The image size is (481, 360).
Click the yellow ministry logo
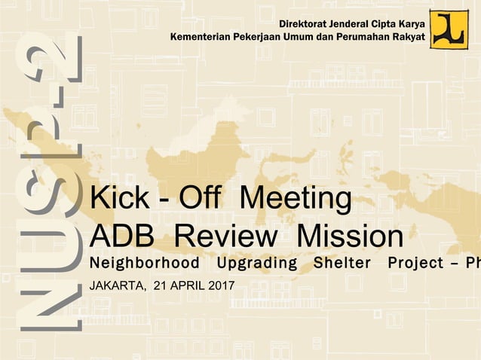pos(449,29)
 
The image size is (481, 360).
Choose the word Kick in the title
pos(114,200)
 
